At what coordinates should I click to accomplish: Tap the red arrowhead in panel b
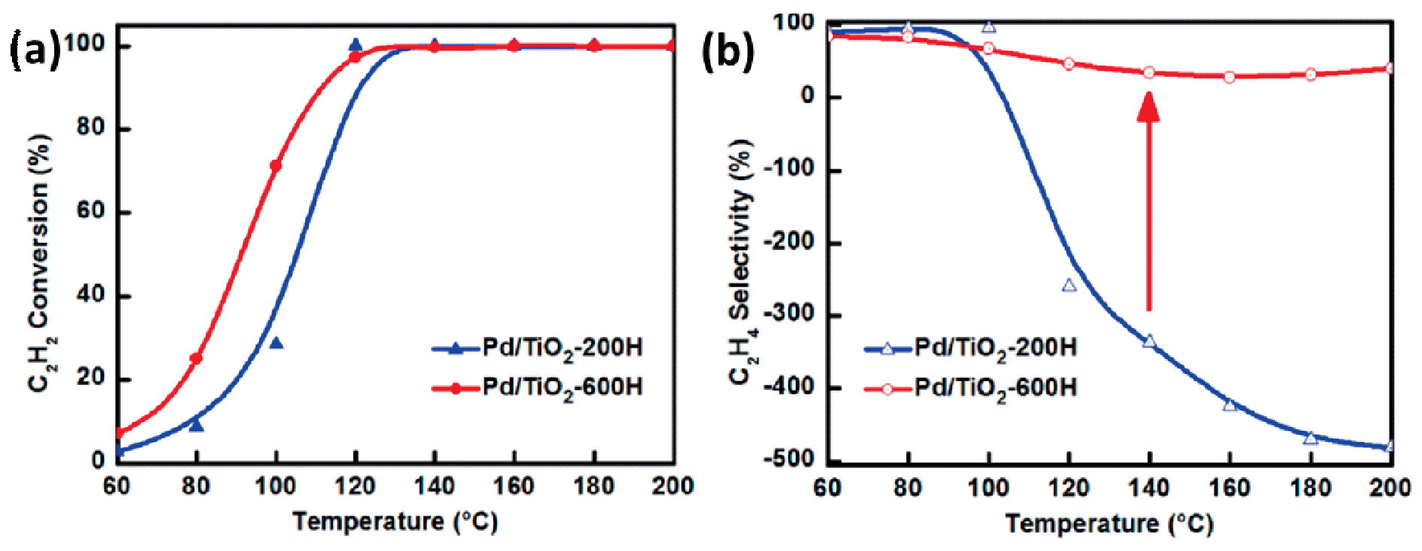tap(1148, 108)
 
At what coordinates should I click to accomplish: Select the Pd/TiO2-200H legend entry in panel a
tap(537, 349)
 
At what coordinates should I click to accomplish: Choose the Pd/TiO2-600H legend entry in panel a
tap(537, 388)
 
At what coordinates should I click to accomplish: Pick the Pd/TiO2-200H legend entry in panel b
tap(971, 349)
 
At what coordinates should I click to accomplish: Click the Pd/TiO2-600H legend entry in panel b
tap(971, 388)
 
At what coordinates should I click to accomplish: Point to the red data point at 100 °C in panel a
tap(276, 166)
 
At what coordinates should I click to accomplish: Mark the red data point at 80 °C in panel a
tap(196, 358)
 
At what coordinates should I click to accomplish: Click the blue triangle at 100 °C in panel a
tap(276, 344)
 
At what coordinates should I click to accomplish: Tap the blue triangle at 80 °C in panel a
tap(196, 426)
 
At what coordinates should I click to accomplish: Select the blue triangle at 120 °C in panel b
tap(1068, 285)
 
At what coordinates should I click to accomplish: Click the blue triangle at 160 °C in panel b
tap(1229, 405)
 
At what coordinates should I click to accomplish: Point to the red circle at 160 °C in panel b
tap(1229, 77)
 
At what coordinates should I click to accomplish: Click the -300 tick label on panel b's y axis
tap(789, 315)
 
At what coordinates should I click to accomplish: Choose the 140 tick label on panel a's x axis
tap(434, 486)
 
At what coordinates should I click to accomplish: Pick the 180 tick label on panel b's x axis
tap(1310, 488)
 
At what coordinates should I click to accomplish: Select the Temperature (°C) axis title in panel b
tap(1109, 523)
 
